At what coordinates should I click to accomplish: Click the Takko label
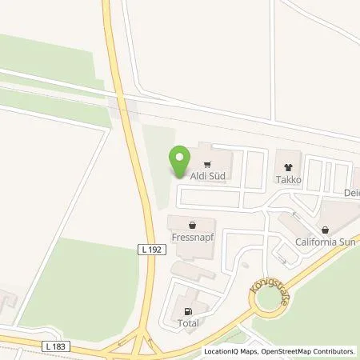[x=289, y=180]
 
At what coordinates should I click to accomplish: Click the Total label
[x=189, y=324]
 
